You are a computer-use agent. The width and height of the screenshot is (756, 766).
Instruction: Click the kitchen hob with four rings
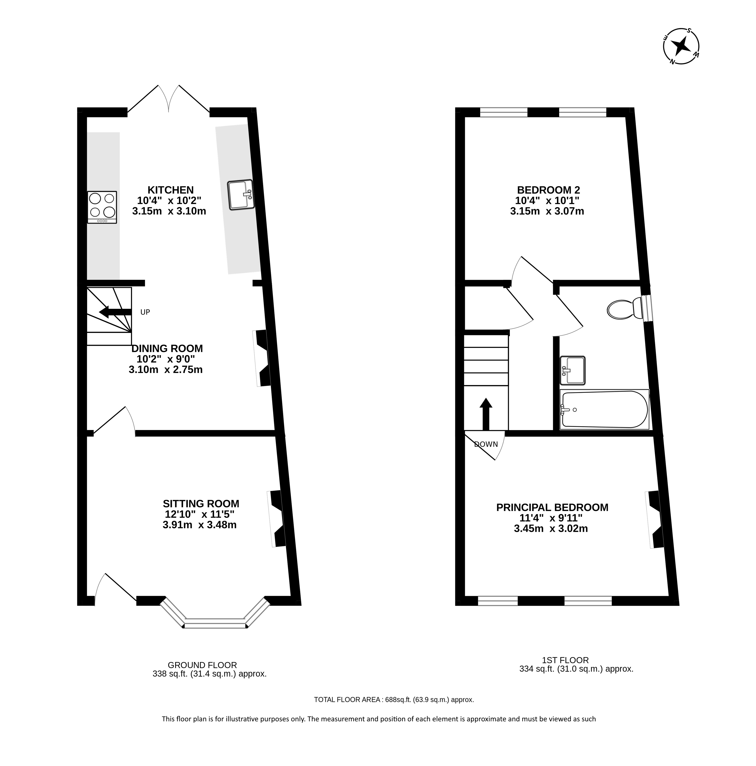point(102,207)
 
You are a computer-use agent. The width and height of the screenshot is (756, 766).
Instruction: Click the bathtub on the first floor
point(604,409)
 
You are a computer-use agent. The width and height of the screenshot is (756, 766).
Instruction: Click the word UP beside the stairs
point(145,312)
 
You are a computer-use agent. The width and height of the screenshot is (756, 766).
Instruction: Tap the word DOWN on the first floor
point(486,444)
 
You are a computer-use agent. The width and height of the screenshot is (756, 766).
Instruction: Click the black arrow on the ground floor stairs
point(115,312)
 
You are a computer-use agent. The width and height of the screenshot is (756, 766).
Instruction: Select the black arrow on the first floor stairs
point(486,414)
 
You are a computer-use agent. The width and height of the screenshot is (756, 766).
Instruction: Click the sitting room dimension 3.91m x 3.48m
point(199,525)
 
